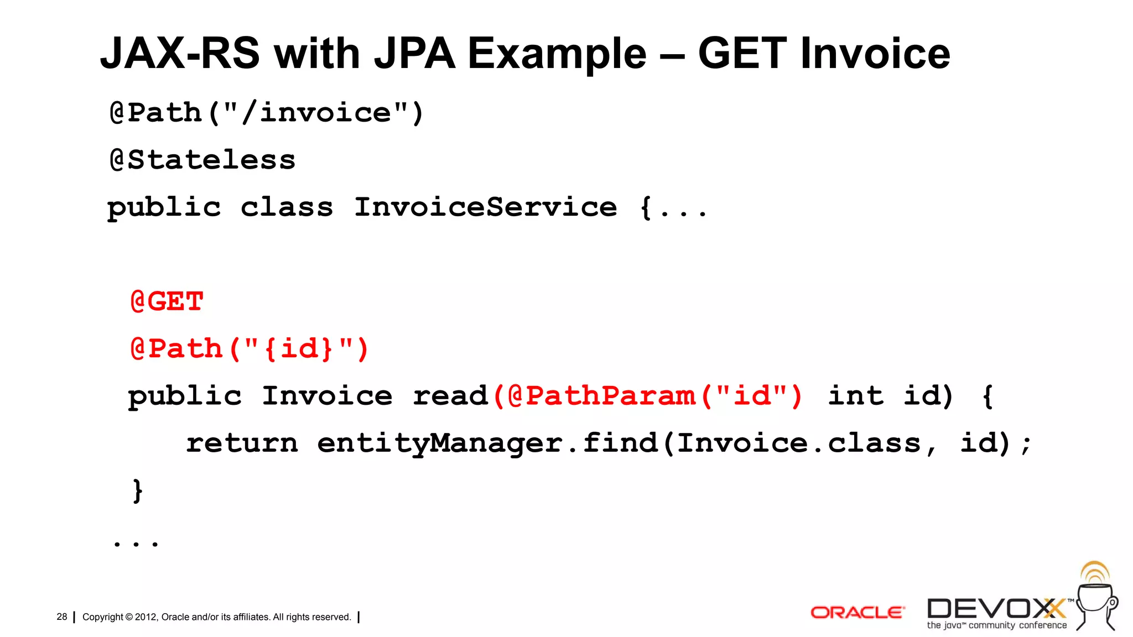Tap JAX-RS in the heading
click(x=180, y=54)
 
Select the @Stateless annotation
click(x=202, y=160)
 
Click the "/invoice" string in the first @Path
click(x=316, y=113)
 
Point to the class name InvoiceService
click(x=485, y=207)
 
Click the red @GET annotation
click(x=167, y=302)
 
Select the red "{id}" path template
click(x=299, y=349)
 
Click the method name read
click(x=450, y=396)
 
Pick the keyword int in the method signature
click(x=855, y=396)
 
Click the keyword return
click(x=242, y=443)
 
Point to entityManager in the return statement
click(x=440, y=443)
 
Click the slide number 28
click(x=61, y=617)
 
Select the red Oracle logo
click(x=857, y=613)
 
